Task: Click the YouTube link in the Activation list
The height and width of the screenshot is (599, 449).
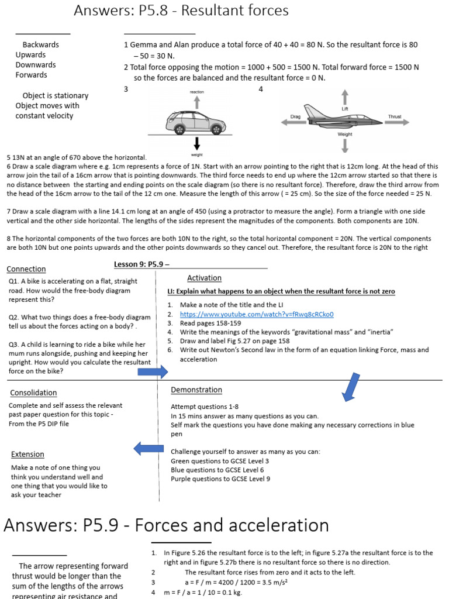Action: click(256, 314)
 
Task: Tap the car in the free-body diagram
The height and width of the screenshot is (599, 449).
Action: click(196, 122)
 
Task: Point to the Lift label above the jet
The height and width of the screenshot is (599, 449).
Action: click(345, 109)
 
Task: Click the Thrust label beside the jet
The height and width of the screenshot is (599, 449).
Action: click(395, 116)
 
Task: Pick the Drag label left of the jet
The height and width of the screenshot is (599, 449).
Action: click(295, 116)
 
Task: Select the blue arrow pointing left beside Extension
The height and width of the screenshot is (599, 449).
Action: click(148, 449)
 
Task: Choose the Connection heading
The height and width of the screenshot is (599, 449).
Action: click(26, 269)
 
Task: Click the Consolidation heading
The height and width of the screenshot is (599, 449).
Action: click(33, 393)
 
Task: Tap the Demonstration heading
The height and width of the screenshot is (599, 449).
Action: click(196, 390)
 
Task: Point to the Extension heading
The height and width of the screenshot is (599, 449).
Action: click(27, 454)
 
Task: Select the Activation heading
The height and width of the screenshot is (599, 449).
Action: click(204, 278)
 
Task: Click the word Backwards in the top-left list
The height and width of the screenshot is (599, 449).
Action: click(40, 44)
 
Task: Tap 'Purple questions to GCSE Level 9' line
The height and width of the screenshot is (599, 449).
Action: click(220, 478)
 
